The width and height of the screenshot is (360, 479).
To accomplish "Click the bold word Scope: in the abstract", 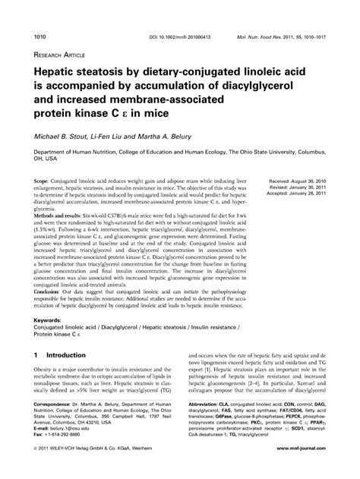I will pos(45,183).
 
